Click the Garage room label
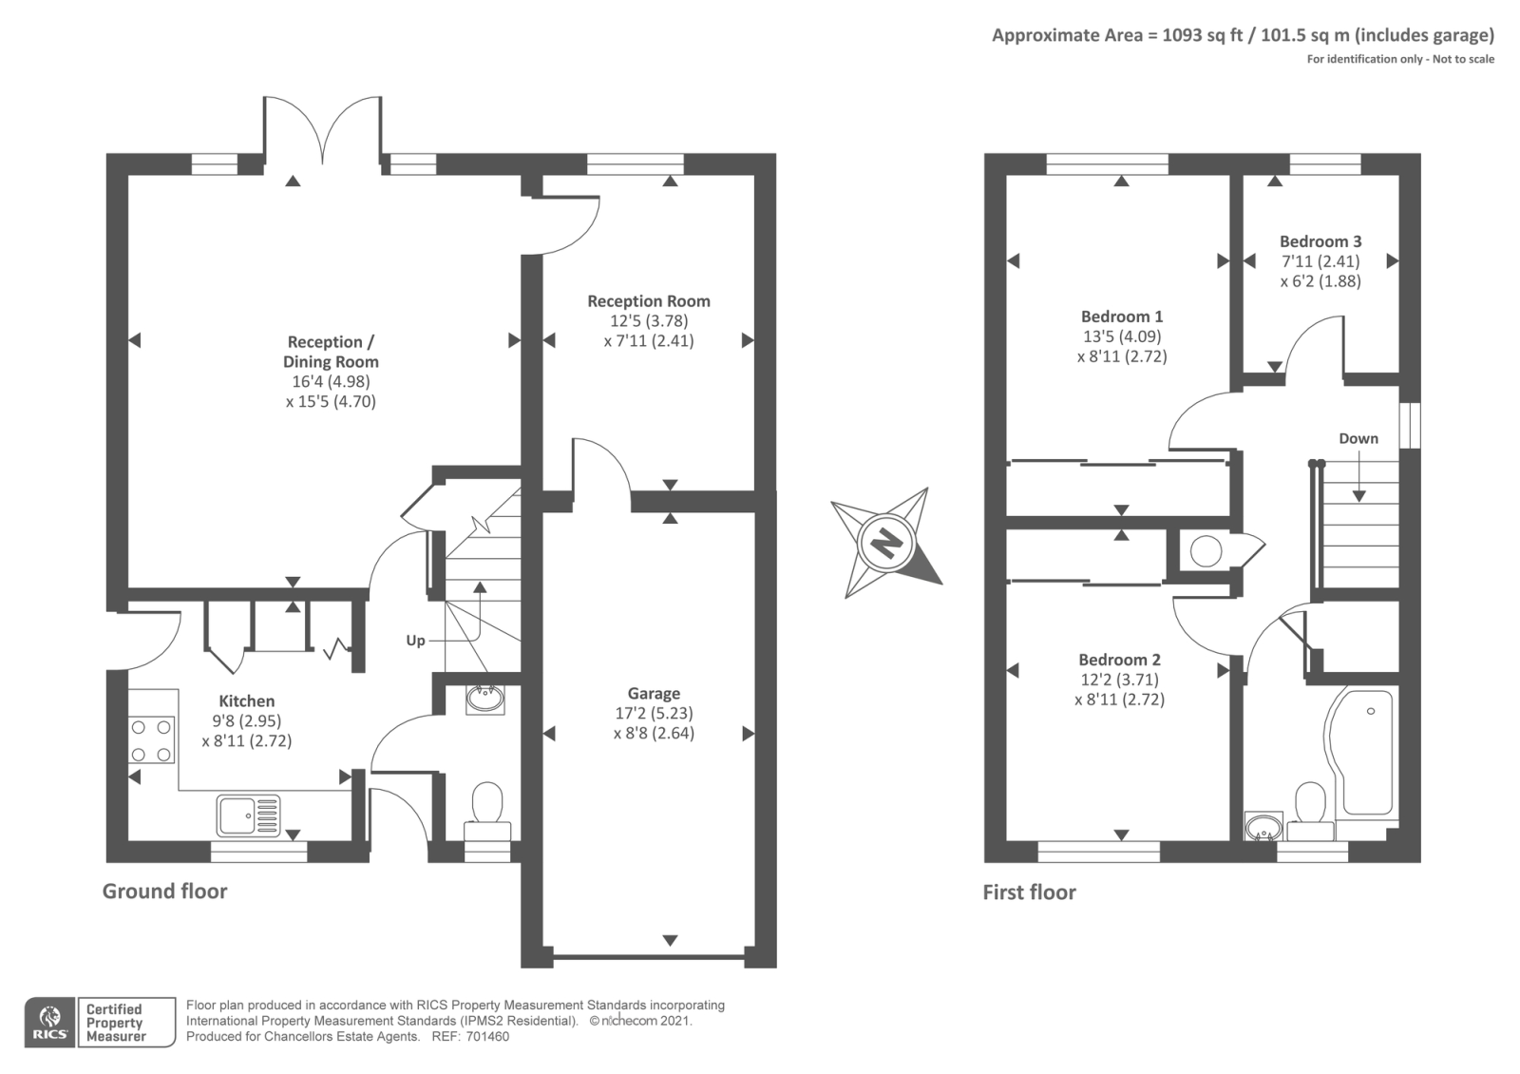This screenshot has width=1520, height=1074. coord(654,693)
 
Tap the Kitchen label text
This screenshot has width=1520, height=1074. coord(246,700)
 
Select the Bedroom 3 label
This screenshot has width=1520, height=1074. coord(1320,241)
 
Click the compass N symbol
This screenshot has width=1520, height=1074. coord(886,543)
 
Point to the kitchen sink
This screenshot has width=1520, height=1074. coord(248,815)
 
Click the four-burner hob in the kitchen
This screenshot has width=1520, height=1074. coord(151,740)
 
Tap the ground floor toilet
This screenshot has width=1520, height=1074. coord(487,812)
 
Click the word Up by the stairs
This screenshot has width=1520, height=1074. coord(415,641)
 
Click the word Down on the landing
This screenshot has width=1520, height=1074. coord(1358,438)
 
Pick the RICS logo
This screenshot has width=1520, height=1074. coord(50,1023)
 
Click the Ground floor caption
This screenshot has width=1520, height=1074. coord(165,891)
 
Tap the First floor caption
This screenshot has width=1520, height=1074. coord(1030,892)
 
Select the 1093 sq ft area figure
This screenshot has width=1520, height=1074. coord(1203,35)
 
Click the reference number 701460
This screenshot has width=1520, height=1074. coord(487,1037)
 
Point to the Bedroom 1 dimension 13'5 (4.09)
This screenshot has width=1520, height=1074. coord(1121,336)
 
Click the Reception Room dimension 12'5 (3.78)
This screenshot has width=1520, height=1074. coord(649,320)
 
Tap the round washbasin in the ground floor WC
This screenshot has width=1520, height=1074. coord(485,700)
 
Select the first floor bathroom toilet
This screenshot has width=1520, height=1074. coord(1310,812)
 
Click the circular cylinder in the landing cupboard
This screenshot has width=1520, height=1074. coord(1206,551)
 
